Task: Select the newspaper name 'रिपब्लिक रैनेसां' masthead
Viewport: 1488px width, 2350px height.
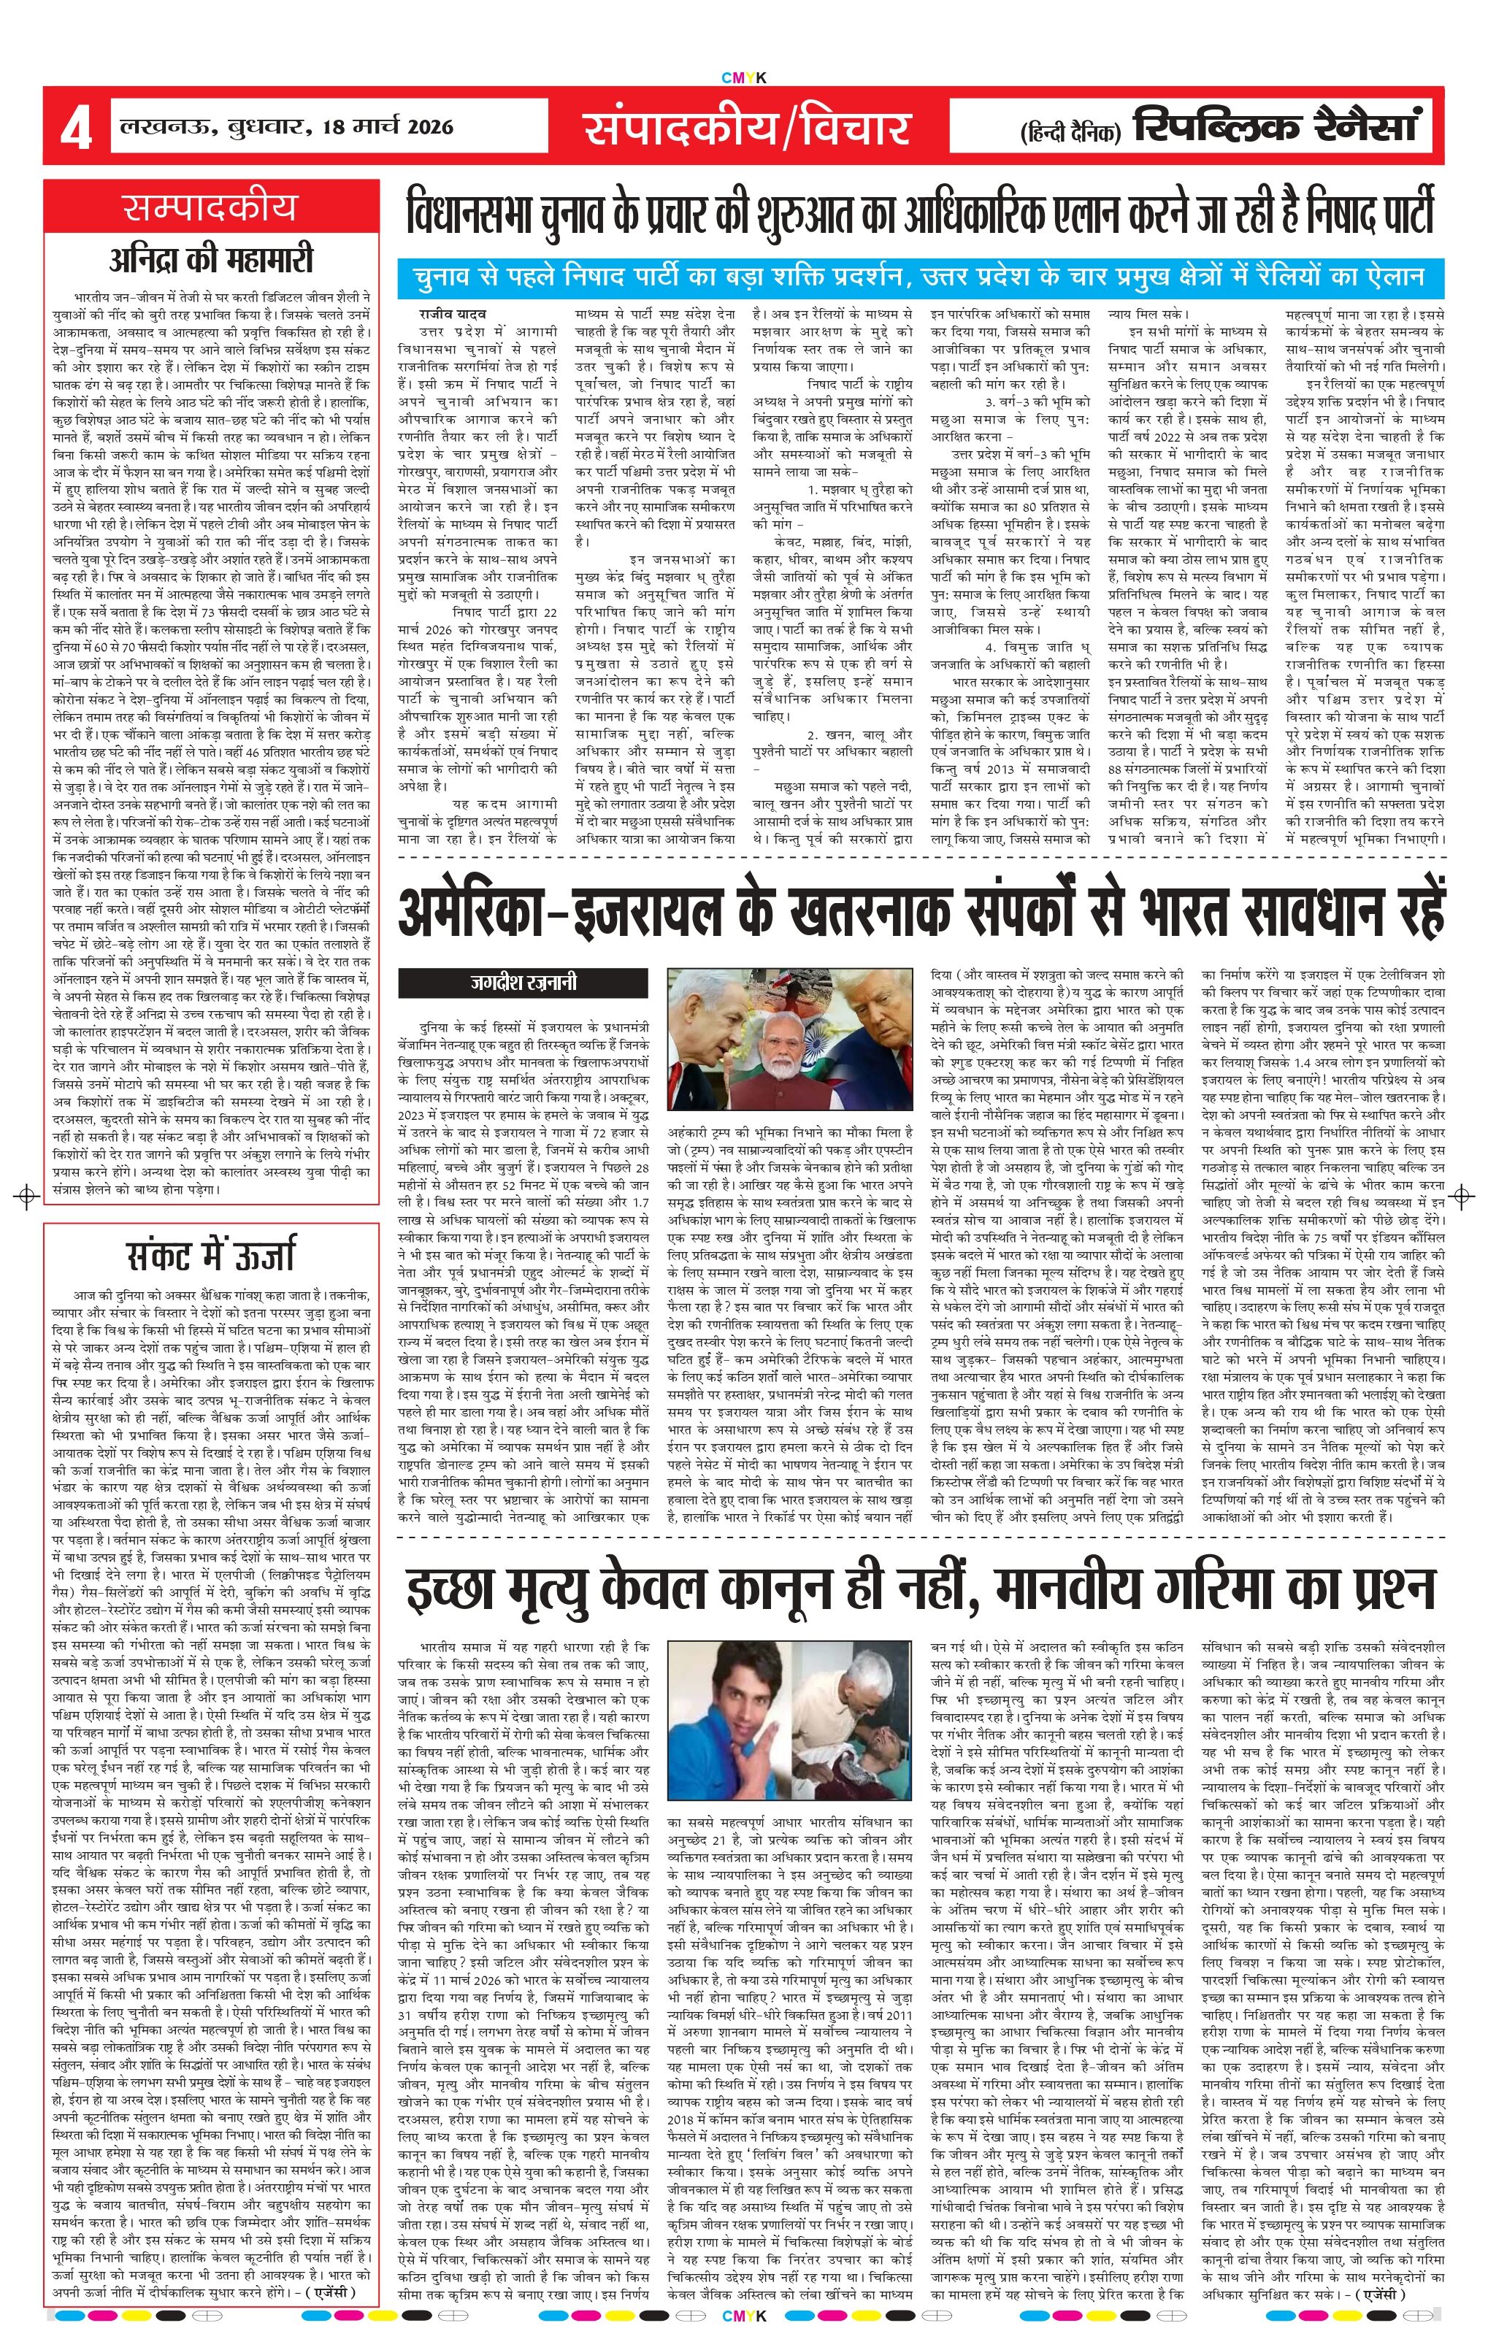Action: [x=1273, y=126]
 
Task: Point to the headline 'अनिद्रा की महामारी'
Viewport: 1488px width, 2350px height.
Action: [x=211, y=260]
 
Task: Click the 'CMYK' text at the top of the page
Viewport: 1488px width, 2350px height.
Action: [x=743, y=78]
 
